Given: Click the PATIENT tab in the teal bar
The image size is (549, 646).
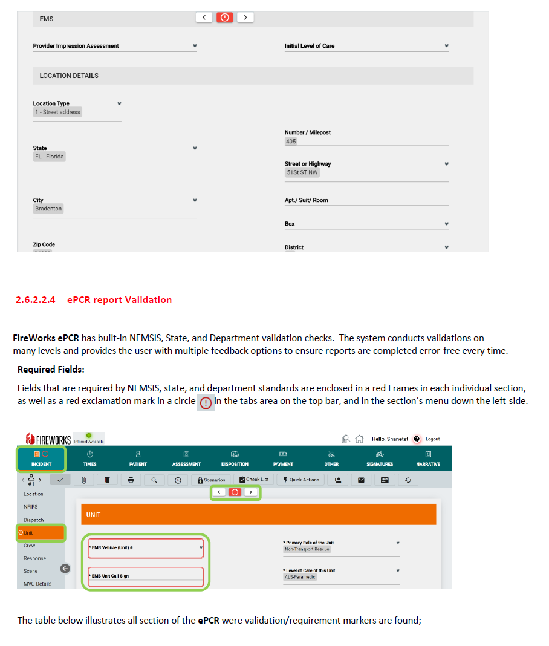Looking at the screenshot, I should [x=138, y=458].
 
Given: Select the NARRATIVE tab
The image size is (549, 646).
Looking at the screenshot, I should [x=428, y=458].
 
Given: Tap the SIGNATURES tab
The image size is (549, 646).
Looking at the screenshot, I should [x=380, y=458].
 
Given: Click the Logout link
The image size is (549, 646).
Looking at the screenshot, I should [x=432, y=439].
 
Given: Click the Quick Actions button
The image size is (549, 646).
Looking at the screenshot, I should [x=301, y=480].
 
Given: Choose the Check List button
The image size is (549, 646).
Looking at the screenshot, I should [x=254, y=480].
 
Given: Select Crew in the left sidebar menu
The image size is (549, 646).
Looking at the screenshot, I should [x=30, y=546].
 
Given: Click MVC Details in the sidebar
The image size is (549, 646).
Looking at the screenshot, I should [x=37, y=584].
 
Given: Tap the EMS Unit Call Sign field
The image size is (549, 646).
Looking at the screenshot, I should [x=145, y=576].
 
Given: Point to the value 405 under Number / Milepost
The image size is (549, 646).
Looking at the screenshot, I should [x=291, y=142].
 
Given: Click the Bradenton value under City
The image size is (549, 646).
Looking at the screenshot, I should [x=48, y=209].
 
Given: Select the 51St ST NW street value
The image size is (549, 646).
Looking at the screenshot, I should [x=302, y=172].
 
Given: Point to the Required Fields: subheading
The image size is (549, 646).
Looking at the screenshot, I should [x=51, y=370].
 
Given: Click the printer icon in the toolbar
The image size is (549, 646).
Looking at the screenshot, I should [x=131, y=480].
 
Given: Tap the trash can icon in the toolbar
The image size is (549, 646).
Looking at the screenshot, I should [x=107, y=480].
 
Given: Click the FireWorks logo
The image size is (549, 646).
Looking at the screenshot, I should [x=48, y=439].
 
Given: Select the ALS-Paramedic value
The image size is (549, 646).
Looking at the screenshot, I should [x=300, y=578].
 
